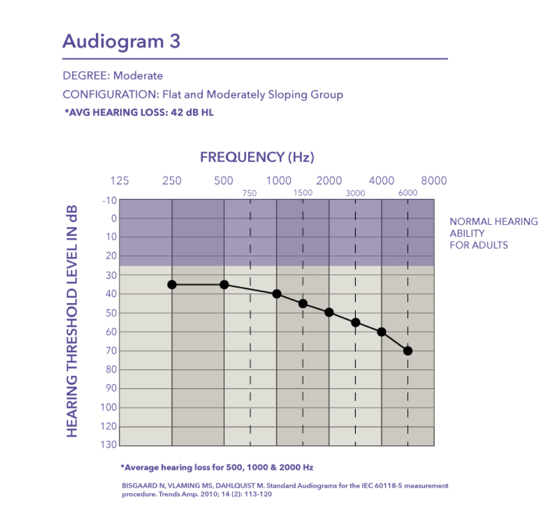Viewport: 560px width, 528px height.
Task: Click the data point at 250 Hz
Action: pos(172,284)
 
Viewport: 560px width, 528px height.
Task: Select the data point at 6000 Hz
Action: pos(407,351)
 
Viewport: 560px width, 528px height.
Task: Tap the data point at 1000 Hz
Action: pos(276,294)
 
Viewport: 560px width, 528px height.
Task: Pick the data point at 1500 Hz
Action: pos(303,304)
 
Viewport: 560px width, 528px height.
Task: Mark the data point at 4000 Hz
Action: pos(382,332)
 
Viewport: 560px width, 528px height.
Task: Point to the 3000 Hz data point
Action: pos(355,322)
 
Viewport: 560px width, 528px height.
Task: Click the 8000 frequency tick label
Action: pos(434,181)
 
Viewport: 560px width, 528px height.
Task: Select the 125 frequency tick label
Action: pos(119,181)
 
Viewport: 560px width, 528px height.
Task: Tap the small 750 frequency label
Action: pos(249,193)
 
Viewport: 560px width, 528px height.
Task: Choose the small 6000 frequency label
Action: pos(408,193)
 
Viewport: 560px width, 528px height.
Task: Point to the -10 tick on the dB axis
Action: pos(110,200)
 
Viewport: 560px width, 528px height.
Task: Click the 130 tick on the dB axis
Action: pos(109,444)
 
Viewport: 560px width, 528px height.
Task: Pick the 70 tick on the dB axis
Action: pos(111,351)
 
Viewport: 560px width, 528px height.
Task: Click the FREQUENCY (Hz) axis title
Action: pos(257,157)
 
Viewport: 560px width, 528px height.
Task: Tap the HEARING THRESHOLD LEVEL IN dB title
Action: pos(72,321)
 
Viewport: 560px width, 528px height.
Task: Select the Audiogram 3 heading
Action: pos(122,41)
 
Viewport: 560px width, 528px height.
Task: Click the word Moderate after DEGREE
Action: pos(138,76)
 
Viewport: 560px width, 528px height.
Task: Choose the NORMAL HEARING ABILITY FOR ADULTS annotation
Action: pos(493,233)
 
